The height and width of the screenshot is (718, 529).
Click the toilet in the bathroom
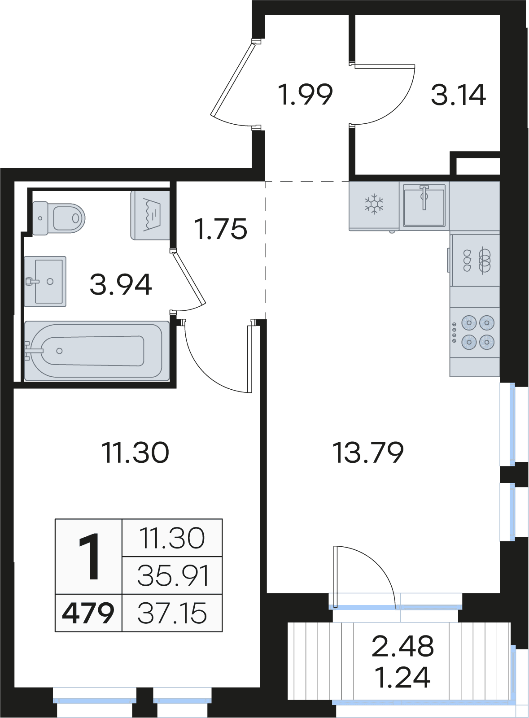pyautogui.click(x=59, y=218)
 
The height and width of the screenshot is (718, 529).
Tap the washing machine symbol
pyautogui.click(x=150, y=215)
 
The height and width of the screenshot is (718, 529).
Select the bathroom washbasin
pyautogui.click(x=45, y=281)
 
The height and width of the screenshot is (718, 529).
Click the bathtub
pyautogui.click(x=97, y=351)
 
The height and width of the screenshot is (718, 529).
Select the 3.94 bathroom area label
pyautogui.click(x=121, y=285)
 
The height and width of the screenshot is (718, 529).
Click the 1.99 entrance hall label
pyautogui.click(x=306, y=94)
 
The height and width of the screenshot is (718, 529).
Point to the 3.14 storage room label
pyautogui.click(x=459, y=95)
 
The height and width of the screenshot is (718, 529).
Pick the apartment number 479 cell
pyautogui.click(x=88, y=613)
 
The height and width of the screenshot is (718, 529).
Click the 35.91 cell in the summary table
pyautogui.click(x=172, y=575)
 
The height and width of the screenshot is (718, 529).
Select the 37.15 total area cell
pyautogui.click(x=172, y=613)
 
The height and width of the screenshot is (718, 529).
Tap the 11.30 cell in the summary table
pyautogui.click(x=172, y=538)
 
